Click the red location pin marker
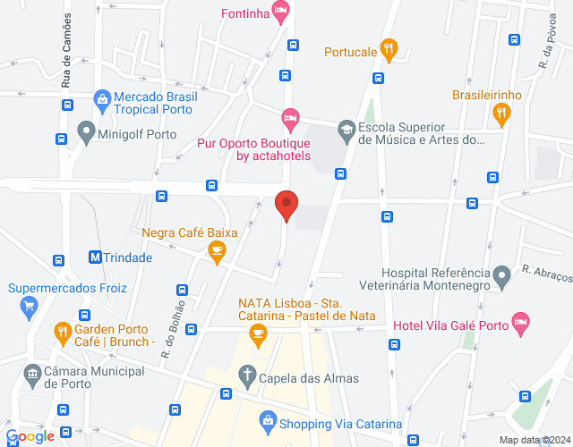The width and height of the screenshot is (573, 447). click(x=286, y=205)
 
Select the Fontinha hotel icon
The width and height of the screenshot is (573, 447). click(x=281, y=13)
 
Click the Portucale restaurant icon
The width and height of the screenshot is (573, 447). click(x=388, y=51)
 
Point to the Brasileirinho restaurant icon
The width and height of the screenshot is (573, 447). click(x=500, y=114)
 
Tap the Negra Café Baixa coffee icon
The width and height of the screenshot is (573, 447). click(x=217, y=253)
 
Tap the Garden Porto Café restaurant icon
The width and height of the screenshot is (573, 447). click(x=62, y=334)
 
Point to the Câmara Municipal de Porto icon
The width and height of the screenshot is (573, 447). click(x=33, y=372)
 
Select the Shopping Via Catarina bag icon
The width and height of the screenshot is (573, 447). click(x=267, y=419)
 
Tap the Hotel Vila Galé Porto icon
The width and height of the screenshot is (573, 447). click(x=520, y=323)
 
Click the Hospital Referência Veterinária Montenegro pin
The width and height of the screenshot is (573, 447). click(x=503, y=273)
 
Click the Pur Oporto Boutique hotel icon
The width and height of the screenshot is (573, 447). click(x=289, y=117)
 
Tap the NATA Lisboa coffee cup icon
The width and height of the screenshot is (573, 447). click(x=259, y=334)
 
